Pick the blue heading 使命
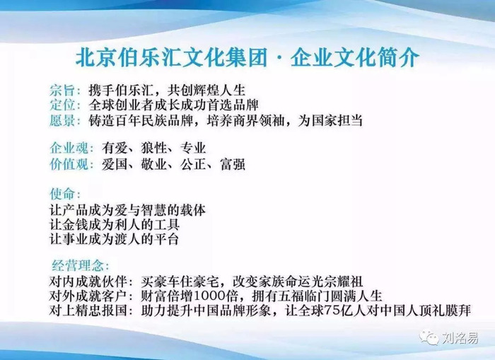62,194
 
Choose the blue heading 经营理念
78,266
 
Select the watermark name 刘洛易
460,338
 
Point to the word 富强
233,164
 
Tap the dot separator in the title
279,59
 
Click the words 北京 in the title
95,57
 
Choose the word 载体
193,210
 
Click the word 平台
166,239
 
